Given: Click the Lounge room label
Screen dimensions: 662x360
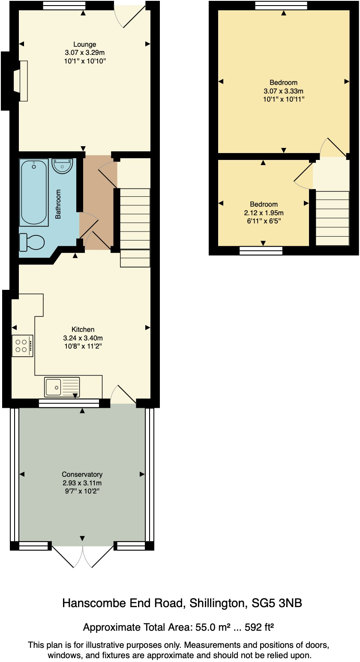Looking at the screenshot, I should [84, 44].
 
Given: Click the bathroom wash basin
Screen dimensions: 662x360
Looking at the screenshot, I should [62, 166].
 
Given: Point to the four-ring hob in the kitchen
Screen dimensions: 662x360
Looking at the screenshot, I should [22, 346].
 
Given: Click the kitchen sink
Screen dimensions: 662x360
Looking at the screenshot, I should [62, 387].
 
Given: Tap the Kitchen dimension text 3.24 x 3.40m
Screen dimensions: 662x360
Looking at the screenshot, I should [83, 338].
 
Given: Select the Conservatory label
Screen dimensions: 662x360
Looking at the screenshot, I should [82, 474].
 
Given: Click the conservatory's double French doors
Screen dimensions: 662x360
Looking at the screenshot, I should [82, 556].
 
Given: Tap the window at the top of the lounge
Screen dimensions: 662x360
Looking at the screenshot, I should [64, 6].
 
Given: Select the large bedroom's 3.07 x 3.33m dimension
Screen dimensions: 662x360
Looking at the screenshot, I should [283, 91].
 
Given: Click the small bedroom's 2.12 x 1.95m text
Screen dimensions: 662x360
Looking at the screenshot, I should [264, 213].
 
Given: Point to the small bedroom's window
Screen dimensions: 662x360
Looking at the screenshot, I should [261, 250].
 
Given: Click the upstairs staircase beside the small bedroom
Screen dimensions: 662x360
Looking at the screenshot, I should [333, 218].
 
